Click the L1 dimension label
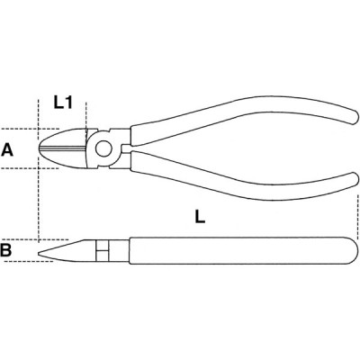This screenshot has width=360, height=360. (63, 103)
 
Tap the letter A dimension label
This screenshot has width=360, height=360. (7, 149)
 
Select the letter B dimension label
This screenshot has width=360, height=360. (6, 250)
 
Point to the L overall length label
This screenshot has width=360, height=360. (200, 216)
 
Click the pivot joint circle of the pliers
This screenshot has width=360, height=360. (103, 148)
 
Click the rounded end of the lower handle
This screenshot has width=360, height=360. (354, 179)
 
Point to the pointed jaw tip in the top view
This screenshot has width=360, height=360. (40, 148)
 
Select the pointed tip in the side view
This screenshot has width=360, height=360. (40, 254)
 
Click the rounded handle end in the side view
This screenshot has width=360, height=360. (353, 250)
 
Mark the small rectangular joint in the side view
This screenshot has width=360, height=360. (103, 250)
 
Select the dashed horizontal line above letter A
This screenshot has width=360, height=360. (30, 129)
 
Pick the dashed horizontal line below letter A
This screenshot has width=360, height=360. (30, 168)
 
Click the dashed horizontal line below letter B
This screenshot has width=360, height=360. (30, 261)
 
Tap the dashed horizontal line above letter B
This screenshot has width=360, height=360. (34, 239)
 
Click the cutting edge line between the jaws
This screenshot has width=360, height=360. (63, 148)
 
